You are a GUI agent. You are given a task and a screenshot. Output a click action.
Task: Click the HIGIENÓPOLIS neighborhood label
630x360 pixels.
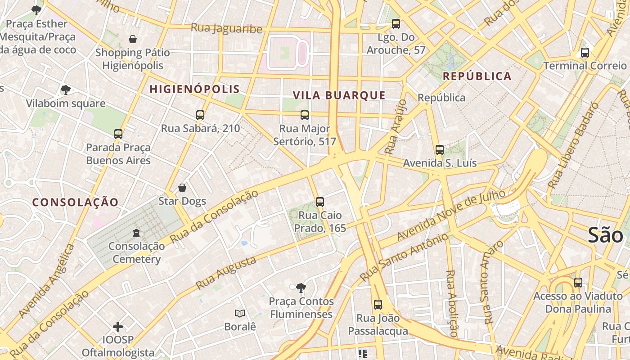pos(194,89)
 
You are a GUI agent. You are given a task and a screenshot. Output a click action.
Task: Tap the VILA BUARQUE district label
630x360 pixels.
pos(339,95)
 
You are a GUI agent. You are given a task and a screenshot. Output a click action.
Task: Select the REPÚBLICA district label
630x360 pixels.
pos(477,76)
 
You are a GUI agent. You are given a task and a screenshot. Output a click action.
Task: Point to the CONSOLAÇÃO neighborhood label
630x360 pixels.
pos(75,202)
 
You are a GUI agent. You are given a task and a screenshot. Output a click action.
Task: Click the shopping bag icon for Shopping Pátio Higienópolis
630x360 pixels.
pos(133,40)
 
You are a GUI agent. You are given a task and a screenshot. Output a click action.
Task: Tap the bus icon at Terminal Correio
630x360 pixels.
pos(585,53)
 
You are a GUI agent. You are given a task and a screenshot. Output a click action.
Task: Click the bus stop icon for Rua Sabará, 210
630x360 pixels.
pos(200,115)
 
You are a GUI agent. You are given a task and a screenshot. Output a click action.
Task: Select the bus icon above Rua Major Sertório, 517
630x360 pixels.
pos(305,115)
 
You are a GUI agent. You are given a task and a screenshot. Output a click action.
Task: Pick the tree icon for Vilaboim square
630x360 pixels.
pos(66,90)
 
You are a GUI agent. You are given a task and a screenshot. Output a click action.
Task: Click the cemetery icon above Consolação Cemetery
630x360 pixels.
pos(136,233)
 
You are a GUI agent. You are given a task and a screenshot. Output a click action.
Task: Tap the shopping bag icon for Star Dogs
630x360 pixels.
pos(182,188)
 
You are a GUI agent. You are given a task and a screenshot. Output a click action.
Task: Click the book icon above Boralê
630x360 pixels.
pos(240,313)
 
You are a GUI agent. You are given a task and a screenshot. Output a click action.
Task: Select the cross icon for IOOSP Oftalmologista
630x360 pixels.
pos(118,326)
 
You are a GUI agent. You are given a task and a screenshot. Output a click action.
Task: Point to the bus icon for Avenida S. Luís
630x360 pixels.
pos(440,150)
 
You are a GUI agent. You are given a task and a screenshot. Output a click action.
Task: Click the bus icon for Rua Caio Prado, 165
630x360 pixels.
pos(320,202)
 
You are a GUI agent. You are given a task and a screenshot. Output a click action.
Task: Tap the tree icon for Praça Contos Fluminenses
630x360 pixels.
pos(301,288)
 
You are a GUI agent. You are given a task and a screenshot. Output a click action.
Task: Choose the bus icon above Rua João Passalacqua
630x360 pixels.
pos(378,305)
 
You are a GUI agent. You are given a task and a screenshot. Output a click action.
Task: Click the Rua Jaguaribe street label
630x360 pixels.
pos(226,28)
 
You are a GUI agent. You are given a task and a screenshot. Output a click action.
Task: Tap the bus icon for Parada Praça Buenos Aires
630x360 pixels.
pos(118,134)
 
